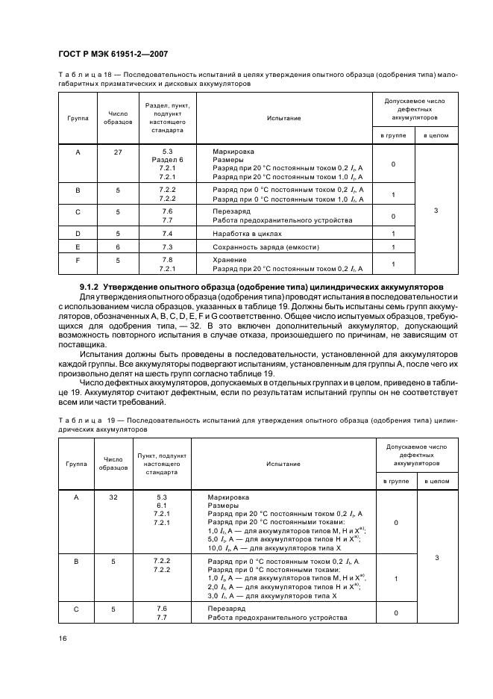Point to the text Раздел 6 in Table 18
tap(167, 161)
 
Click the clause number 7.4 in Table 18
tap(167, 234)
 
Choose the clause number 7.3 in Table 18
tap(167, 247)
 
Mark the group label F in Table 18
tap(78, 260)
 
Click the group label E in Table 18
tap(78, 247)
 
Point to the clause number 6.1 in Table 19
tap(162, 506)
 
